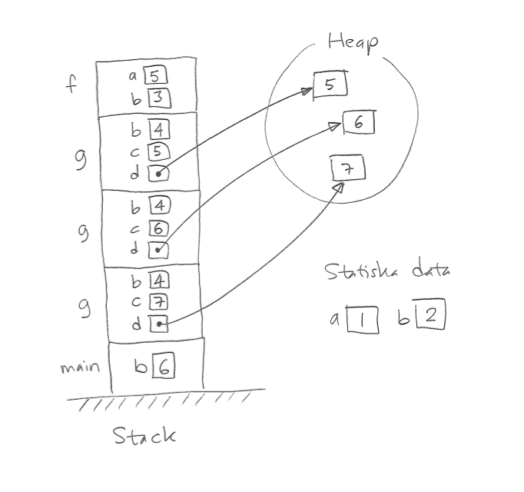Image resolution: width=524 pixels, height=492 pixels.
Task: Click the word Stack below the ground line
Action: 144,436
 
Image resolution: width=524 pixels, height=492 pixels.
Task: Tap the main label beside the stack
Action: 80,367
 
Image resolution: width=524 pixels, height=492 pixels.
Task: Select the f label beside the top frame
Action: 71,84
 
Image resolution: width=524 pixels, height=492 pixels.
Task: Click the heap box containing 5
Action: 330,85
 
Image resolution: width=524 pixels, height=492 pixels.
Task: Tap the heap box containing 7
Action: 346,169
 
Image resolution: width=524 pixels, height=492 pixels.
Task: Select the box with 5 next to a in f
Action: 155,76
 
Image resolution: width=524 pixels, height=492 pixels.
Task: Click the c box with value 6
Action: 160,228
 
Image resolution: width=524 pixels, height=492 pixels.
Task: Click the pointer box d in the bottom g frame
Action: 158,324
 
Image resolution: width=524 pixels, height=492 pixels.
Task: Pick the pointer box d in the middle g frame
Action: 158,249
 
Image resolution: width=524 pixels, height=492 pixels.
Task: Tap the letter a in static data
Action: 335,317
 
